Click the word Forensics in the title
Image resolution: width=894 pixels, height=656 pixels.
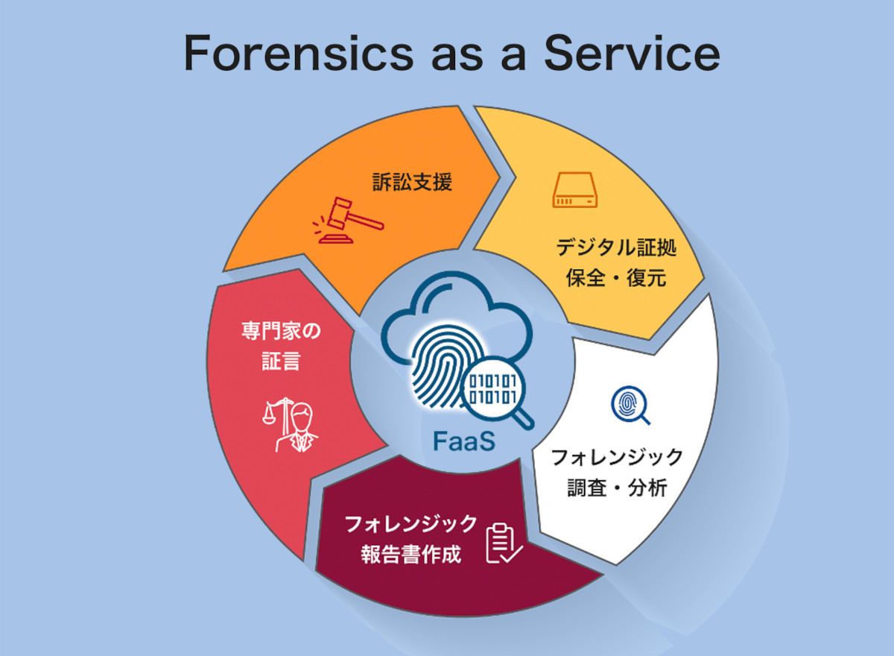298,53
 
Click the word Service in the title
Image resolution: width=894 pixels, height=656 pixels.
632,53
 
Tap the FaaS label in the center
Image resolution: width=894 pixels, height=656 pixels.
463,441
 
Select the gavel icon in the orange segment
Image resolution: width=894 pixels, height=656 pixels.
348,220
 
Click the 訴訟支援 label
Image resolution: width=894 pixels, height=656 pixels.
412,182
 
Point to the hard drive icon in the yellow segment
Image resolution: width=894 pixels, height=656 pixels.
574,189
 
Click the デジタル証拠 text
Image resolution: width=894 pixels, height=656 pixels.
616,247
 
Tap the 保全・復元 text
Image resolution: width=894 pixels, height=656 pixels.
616,277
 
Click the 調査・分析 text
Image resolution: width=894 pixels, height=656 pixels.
617,488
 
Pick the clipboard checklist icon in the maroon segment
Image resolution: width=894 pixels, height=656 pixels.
504,543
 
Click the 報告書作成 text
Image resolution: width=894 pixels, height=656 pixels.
411,554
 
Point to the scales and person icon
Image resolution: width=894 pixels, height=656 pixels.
290,425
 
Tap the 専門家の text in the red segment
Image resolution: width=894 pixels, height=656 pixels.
281,331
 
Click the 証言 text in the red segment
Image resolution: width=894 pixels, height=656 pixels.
281,361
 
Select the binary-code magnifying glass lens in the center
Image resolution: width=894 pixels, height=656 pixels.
493,388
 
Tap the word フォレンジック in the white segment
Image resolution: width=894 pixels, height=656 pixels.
617,457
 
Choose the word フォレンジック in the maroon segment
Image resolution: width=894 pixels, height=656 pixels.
411,524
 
